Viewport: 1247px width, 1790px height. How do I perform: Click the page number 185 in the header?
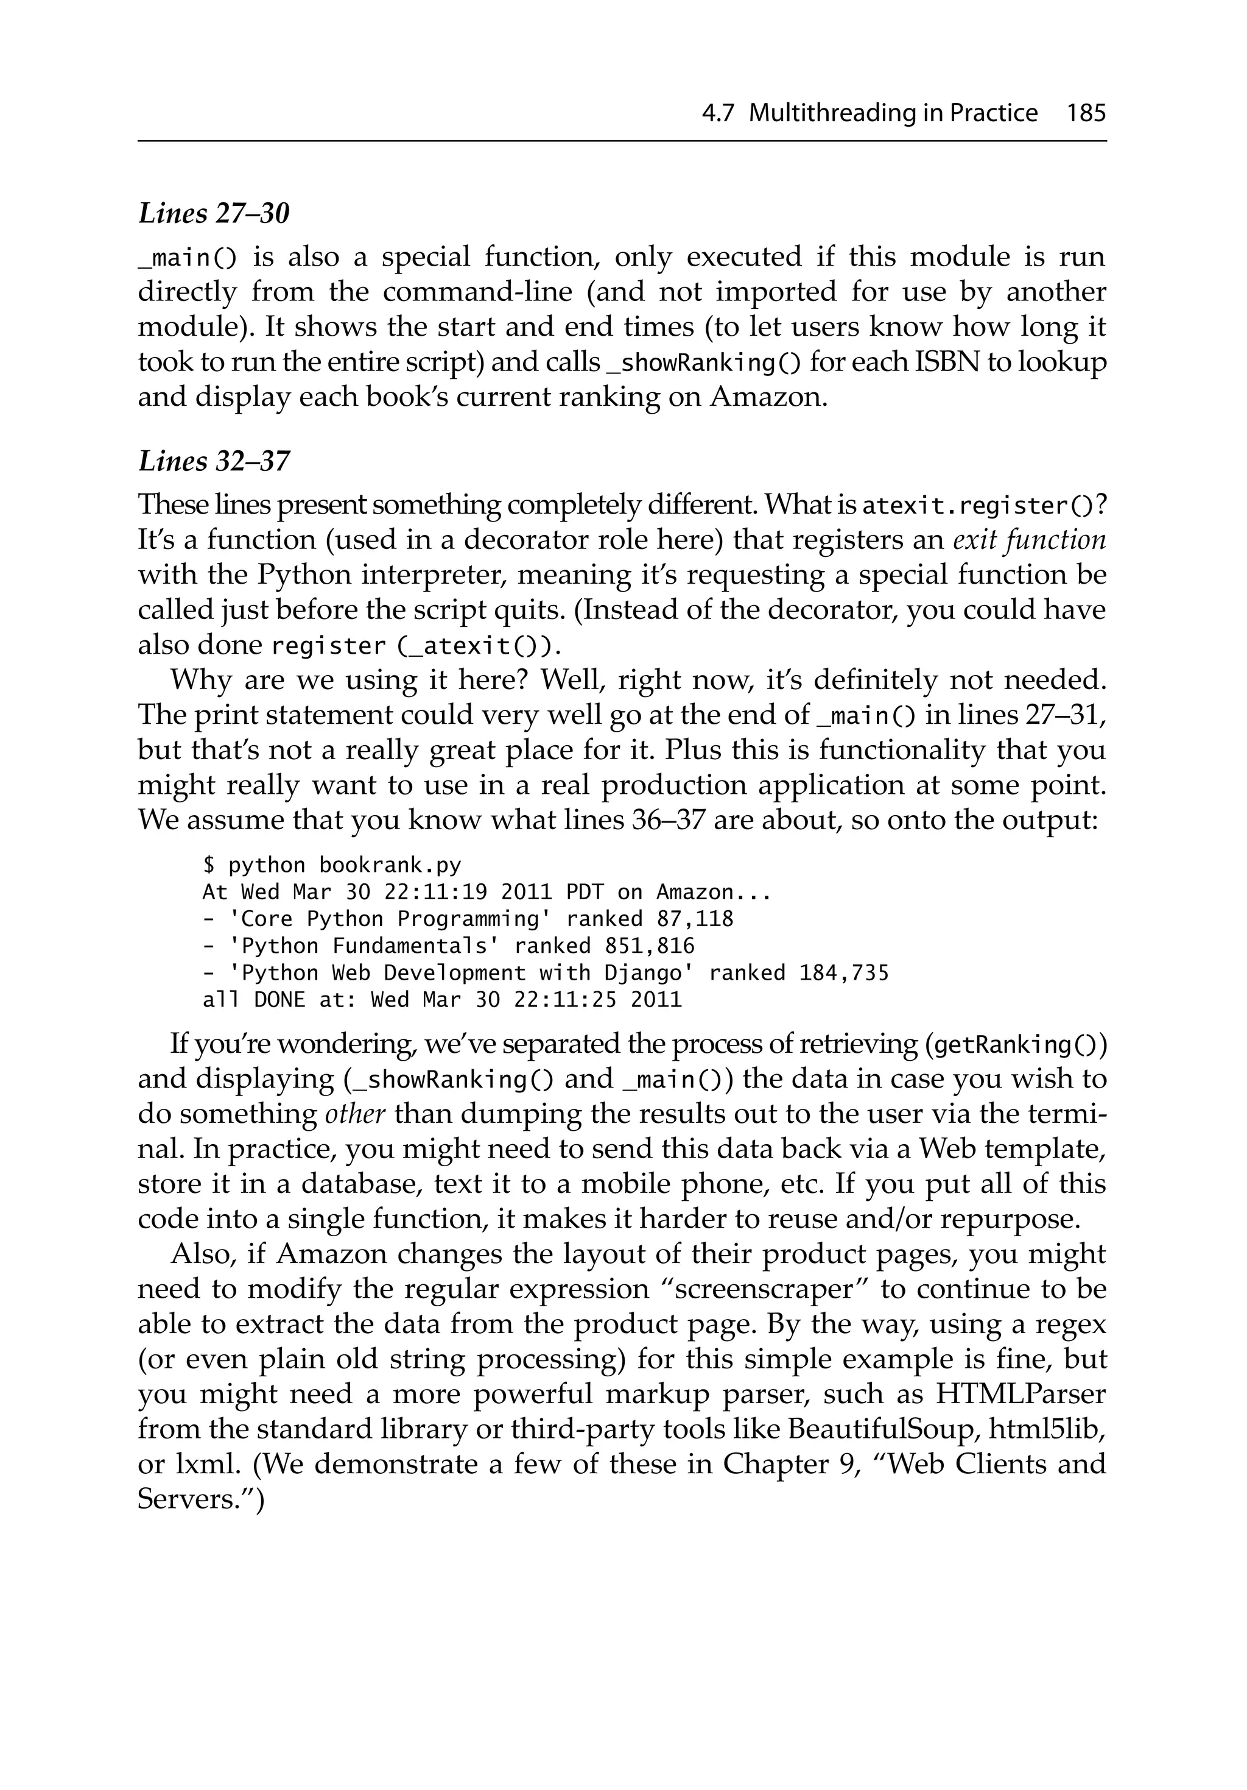pos(1086,114)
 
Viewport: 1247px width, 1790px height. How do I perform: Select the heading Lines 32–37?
pos(214,462)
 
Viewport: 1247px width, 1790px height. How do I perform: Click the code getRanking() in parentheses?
pos(1014,1045)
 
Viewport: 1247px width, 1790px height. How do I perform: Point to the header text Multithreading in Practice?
pos(893,114)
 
